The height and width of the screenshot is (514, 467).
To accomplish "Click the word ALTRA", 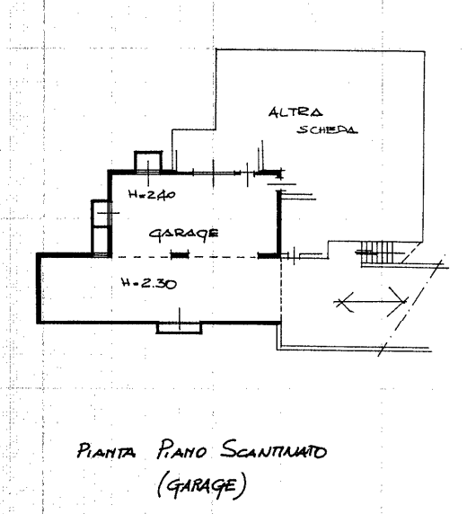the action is tap(295, 112).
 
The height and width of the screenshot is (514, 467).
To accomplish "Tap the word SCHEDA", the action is tap(327, 129).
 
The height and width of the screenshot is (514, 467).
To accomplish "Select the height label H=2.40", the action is tap(152, 195).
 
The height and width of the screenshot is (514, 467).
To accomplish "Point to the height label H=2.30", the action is tap(149, 282).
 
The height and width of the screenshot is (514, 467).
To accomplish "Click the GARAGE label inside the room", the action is tap(184, 234).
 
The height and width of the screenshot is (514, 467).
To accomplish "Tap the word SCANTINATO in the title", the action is tap(274, 449).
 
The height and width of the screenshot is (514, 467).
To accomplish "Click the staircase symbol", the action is tap(377, 253).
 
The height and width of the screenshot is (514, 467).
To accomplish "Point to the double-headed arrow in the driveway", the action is tap(371, 301).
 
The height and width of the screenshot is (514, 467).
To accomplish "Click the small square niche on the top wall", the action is tap(148, 161).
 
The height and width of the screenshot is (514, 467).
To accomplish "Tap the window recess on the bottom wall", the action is tap(179, 328).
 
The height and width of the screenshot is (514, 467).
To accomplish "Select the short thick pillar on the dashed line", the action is tap(181, 255).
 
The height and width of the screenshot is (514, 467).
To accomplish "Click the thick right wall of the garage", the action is tap(279, 222).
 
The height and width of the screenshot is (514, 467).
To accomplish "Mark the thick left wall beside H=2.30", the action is tap(39, 288).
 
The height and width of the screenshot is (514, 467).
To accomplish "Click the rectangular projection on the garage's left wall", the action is tap(100, 226).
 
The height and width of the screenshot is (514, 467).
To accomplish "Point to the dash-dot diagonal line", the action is tap(412, 305).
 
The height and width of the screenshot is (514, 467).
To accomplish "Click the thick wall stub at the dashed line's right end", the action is tap(268, 255).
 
